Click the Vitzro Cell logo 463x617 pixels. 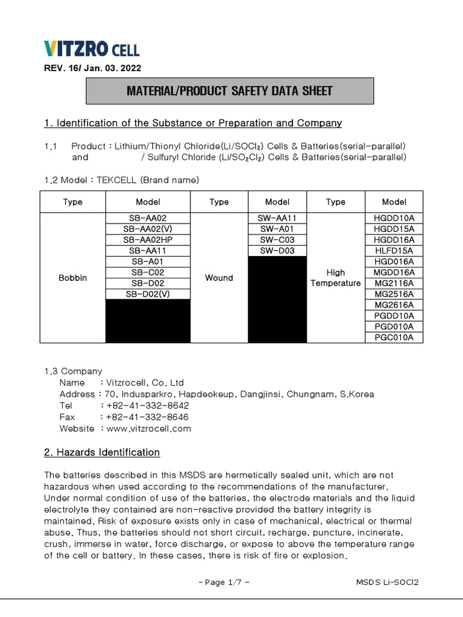92,49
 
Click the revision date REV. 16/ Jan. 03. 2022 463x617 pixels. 93,69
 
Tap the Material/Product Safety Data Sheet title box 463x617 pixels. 229,91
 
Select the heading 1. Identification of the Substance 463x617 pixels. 193,123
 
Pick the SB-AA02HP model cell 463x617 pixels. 148,240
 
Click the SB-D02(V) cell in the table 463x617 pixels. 148,294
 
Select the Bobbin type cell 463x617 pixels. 72,278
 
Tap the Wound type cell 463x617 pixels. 219,278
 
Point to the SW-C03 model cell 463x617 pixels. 277,240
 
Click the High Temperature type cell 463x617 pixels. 335,278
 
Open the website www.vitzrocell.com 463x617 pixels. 148,428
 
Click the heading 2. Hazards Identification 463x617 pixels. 102,452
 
